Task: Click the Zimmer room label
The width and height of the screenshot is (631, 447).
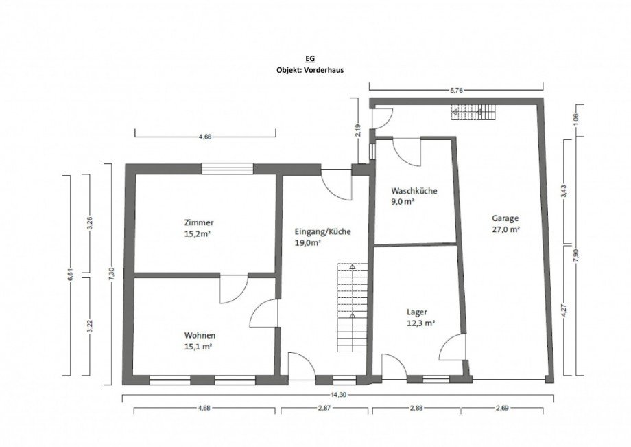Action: pos(199,222)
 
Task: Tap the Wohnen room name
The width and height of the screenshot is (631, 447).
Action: pos(200,335)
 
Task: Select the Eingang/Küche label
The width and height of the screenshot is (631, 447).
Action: pos(323,232)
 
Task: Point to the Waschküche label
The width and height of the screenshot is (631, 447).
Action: pos(414,191)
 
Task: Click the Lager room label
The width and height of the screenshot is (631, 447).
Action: pos(417,312)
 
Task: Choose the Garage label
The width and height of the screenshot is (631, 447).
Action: pos(505,218)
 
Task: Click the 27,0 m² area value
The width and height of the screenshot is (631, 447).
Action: pos(506,229)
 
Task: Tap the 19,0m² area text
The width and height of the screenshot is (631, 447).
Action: pos(308,243)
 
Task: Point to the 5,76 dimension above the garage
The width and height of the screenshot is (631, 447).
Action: pos(456,91)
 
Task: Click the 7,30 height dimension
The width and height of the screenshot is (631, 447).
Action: pos(112,274)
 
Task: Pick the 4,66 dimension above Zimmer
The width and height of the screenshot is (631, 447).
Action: pos(205,137)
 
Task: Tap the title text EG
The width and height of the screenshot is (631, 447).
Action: pos(310,59)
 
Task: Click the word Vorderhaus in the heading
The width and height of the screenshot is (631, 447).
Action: pos(325,69)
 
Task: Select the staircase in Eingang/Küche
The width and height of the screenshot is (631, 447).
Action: pos(353,308)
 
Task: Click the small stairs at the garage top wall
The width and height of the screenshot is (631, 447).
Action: pos(473,112)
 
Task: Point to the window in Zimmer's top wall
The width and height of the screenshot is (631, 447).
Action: pos(228,169)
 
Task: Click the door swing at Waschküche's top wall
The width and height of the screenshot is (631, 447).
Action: pos(407,152)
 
